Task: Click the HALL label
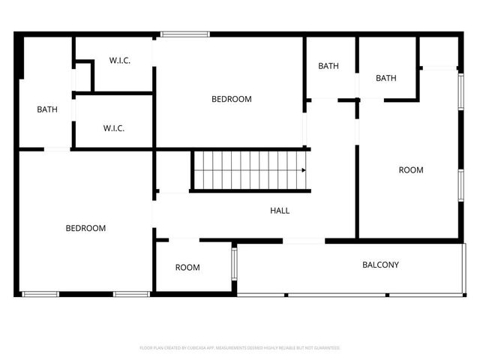click(x=280, y=211)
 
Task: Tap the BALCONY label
click(x=380, y=265)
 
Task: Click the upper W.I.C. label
click(x=120, y=61)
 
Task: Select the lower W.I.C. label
click(x=114, y=128)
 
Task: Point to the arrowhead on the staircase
click(x=303, y=170)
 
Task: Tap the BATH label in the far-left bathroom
click(x=47, y=109)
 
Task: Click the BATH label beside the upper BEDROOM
click(x=328, y=66)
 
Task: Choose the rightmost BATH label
click(x=386, y=78)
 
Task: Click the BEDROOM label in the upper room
click(x=231, y=99)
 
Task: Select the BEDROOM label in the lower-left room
click(x=85, y=228)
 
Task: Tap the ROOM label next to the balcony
click(x=187, y=268)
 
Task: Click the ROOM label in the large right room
click(x=410, y=170)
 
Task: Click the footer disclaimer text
click(x=240, y=348)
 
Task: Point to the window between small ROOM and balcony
click(x=234, y=264)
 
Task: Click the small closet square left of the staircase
click(x=172, y=172)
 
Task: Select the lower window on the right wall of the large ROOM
click(x=460, y=185)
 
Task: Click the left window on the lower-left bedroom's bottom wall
click(x=40, y=293)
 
